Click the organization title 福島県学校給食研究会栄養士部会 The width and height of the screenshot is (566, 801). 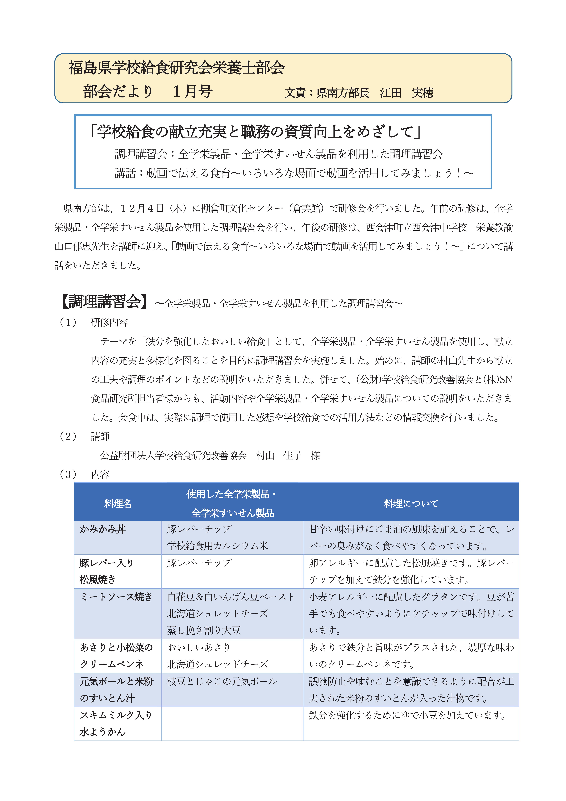click(x=176, y=68)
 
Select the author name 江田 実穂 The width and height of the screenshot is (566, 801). click(x=407, y=93)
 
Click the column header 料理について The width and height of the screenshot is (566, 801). click(x=411, y=503)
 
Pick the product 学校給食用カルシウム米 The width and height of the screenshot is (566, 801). click(x=217, y=546)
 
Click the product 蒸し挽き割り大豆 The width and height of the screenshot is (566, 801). click(x=204, y=630)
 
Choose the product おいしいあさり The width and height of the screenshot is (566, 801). click(x=199, y=647)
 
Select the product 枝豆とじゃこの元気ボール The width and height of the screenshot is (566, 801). click(x=222, y=681)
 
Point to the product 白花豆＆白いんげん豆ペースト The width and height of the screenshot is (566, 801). click(x=231, y=597)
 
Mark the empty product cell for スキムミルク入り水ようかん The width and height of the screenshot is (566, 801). click(x=232, y=724)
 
